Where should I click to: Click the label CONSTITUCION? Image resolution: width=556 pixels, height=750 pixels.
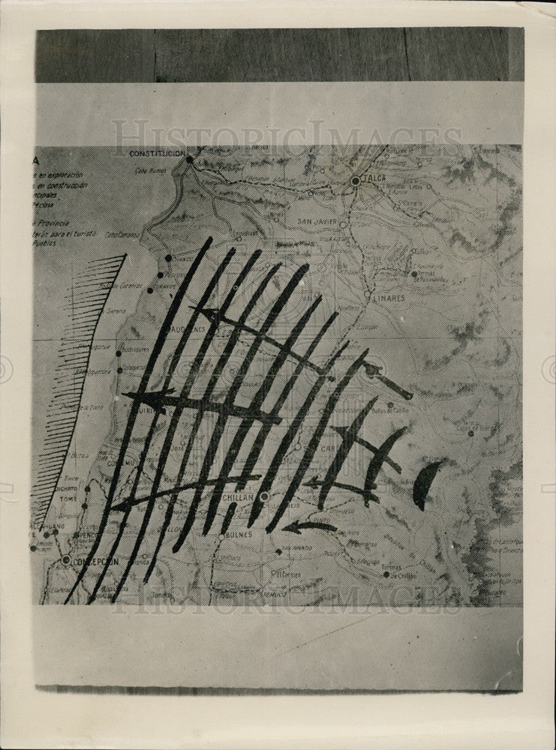click(157, 153)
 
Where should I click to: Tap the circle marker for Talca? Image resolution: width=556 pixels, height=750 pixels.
click(355, 181)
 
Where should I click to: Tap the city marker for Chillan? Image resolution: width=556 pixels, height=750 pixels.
click(264, 496)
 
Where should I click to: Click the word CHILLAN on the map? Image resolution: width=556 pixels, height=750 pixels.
click(238, 497)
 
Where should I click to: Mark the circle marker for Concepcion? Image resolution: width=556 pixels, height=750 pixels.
click(66, 559)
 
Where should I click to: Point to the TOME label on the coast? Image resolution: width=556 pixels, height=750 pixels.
click(68, 496)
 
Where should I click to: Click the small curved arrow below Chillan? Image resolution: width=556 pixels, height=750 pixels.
click(308, 526)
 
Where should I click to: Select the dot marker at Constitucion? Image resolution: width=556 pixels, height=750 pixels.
click(189, 159)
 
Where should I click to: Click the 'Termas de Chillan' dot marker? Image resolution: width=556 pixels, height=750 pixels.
click(386, 575)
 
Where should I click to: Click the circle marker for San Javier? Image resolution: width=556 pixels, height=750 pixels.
click(342, 224)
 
